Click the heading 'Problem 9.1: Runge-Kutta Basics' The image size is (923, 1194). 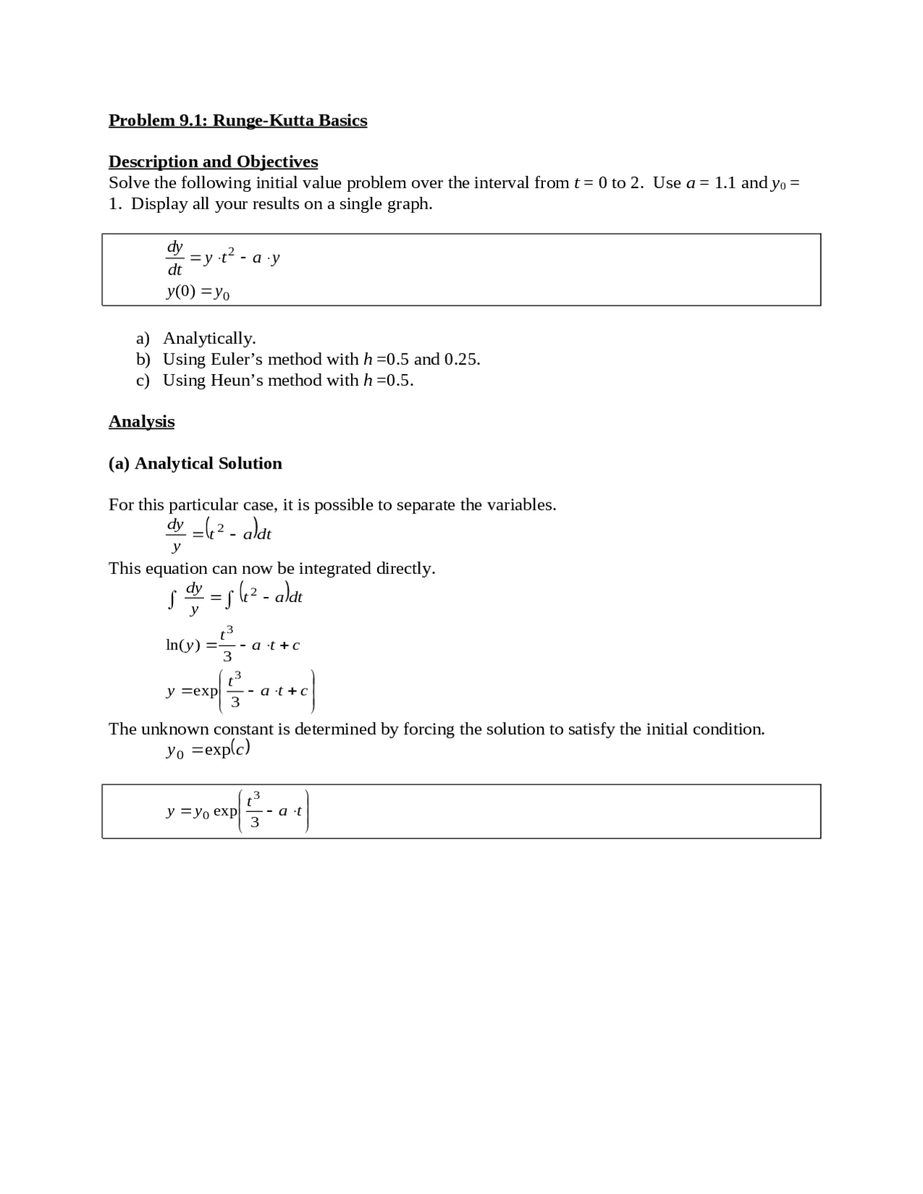[x=237, y=120]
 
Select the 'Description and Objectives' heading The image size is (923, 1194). [x=213, y=162]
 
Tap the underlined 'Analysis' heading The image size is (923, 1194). [x=141, y=422]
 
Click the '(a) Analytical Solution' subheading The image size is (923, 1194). [x=195, y=464]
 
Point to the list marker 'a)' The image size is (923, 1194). [x=143, y=339]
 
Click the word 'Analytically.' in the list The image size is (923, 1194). [x=209, y=339]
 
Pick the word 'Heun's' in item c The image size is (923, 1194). [x=237, y=381]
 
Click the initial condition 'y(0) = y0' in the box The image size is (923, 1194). [x=198, y=292]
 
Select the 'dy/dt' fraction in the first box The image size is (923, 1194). [x=175, y=258]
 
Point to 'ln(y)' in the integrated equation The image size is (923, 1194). [x=183, y=645]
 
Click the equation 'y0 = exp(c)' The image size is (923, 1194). [x=208, y=750]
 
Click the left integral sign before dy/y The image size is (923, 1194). [x=172, y=599]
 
